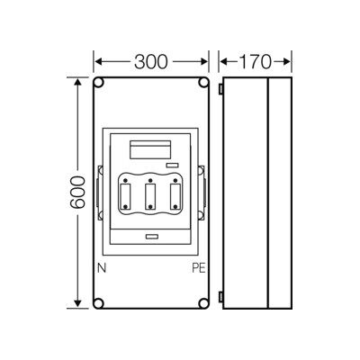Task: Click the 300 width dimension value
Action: pos(151,62)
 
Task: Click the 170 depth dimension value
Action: pos(255,62)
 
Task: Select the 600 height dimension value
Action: pos(77,192)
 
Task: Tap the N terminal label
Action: pos(102,268)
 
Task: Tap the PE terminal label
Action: pos(199,268)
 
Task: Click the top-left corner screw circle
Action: pos(99,83)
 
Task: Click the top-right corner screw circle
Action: pos(203,83)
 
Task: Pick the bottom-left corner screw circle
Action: pos(99,303)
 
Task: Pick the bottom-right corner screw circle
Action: pos(203,303)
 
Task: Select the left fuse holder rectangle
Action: pos(125,196)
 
